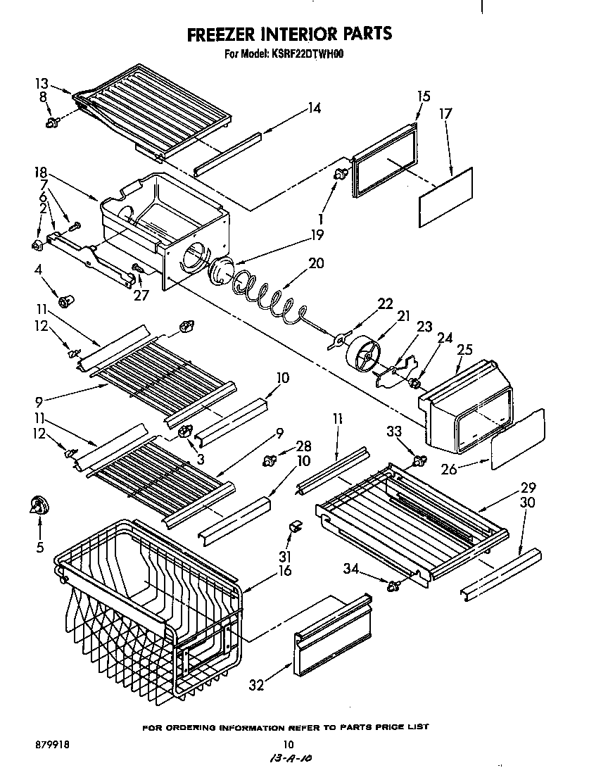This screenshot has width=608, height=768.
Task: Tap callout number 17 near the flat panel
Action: coord(445,113)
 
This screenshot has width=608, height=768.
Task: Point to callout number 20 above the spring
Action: coord(317,263)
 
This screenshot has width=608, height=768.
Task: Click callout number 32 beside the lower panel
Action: coord(258,684)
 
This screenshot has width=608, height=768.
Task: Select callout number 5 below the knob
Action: coord(39,546)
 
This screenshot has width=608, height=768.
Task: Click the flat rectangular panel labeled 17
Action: coord(445,197)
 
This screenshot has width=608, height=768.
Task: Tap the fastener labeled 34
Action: coord(394,584)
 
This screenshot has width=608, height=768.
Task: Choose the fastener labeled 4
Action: coord(66,303)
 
